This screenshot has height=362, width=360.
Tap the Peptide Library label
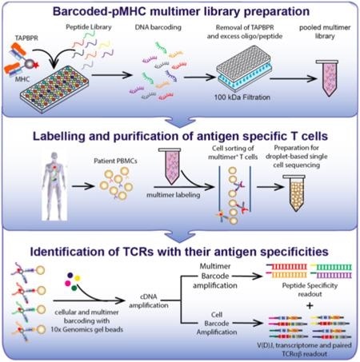click(94, 30)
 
